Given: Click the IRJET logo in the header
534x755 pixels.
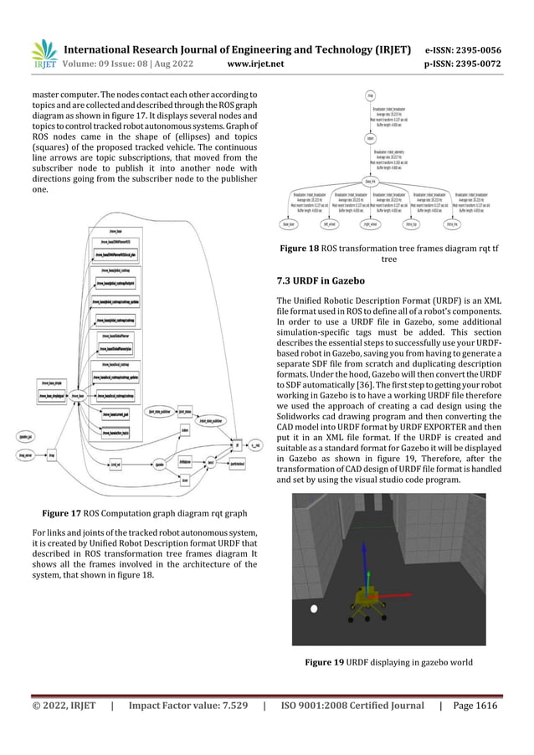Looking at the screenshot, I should point(44,54).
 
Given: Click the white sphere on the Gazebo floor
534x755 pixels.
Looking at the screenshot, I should point(314,609).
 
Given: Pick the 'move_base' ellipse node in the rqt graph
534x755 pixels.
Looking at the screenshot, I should point(79,394).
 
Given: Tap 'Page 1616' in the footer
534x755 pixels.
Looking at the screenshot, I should point(474,706).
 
